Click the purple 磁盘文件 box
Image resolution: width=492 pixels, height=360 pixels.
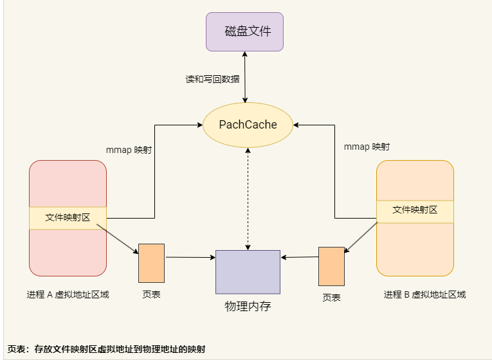[244, 32]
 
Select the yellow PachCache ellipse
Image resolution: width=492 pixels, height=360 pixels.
[248, 124]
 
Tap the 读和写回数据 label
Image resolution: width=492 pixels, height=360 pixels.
[212, 79]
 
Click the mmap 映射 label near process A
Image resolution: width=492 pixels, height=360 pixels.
[129, 150]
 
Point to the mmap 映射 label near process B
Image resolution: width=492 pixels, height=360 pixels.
[367, 147]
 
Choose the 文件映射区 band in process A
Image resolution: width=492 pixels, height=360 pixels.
[68, 218]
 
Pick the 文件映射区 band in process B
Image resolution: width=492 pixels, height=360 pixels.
[415, 210]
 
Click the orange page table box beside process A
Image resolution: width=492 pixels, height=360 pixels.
[151, 263]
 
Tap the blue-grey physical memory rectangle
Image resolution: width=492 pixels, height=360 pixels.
[248, 272]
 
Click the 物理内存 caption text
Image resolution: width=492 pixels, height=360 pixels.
[248, 306]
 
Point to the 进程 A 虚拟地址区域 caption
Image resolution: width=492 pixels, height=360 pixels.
[68, 294]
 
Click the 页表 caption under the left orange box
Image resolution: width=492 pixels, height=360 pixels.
[151, 294]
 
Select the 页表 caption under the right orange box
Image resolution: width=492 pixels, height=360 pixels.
[331, 298]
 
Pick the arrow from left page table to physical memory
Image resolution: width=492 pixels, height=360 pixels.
[190, 258]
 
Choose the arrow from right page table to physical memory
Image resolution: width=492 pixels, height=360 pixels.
[300, 257]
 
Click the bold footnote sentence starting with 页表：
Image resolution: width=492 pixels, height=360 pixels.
[106, 348]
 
